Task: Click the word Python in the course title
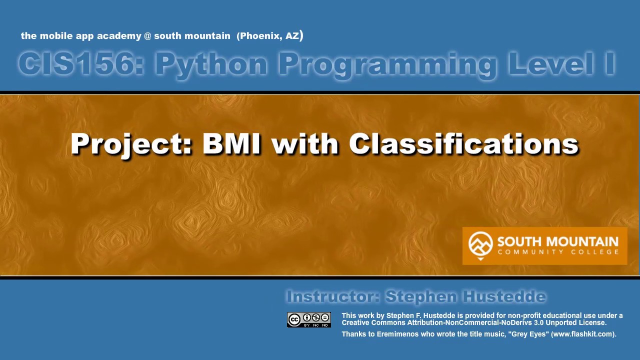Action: pos(210,64)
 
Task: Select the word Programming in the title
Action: pos(387,64)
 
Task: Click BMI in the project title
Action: pos(231,144)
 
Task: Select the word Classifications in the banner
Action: pos(463,144)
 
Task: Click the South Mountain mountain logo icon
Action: pos(480,244)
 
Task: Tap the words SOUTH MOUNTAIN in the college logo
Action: pos(557,242)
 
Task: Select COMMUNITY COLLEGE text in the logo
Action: pos(558,252)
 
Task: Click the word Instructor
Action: pos(333,297)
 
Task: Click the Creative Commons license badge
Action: pos(309,319)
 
